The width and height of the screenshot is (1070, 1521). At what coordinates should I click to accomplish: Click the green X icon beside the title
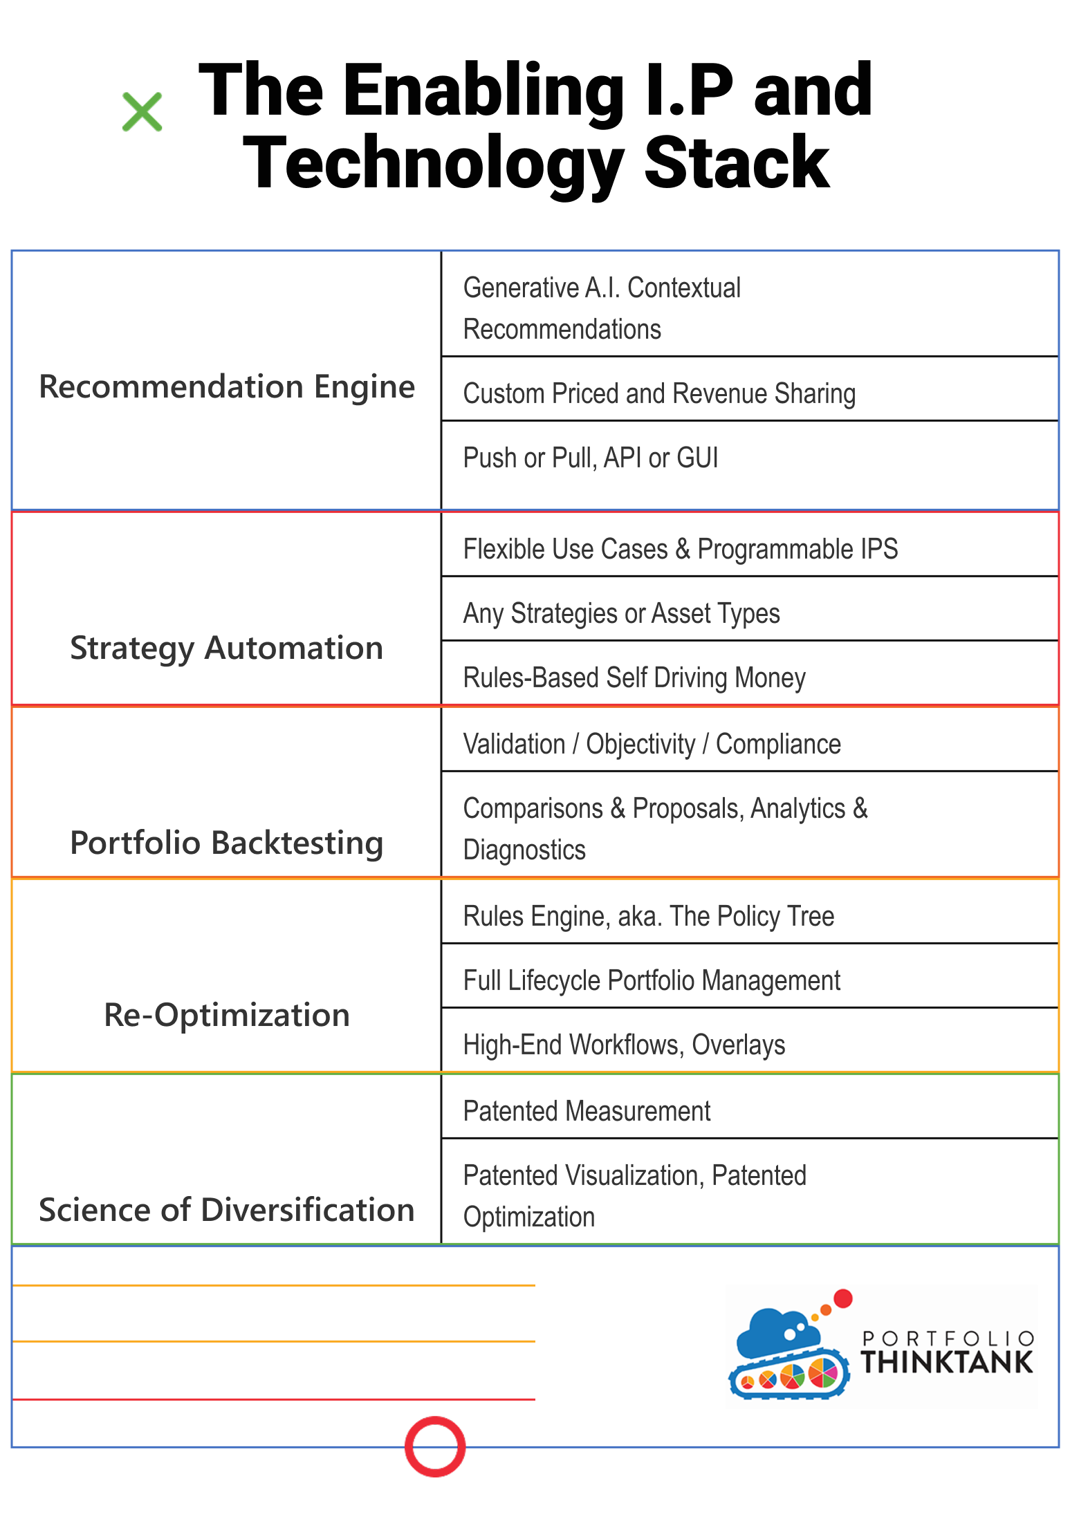[x=142, y=112]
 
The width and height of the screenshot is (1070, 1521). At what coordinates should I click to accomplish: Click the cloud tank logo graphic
[x=791, y=1344]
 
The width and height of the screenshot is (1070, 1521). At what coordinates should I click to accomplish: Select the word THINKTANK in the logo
[x=947, y=1362]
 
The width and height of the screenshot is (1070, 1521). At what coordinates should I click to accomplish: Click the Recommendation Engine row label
[x=227, y=386]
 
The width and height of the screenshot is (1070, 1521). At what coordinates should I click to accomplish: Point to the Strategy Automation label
[x=227, y=648]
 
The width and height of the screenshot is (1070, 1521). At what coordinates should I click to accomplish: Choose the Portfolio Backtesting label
[x=227, y=843]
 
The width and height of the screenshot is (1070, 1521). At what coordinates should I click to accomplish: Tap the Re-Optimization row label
[x=227, y=1015]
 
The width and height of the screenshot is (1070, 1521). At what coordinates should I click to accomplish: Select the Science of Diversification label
[x=227, y=1210]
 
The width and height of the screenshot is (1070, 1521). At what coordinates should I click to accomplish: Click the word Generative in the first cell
[x=521, y=288]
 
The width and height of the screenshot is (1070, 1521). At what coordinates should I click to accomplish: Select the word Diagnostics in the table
[x=524, y=850]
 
